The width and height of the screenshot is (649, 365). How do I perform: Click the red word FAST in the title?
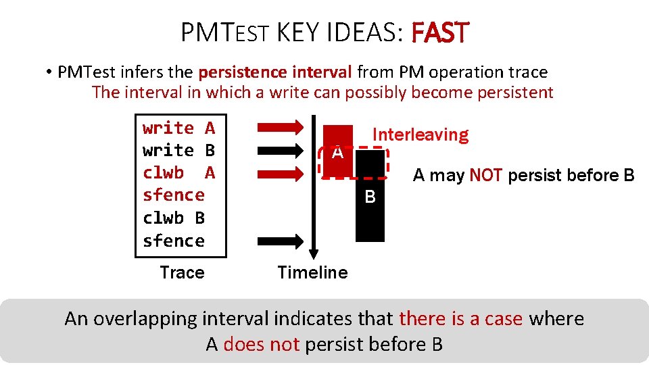pos(439,32)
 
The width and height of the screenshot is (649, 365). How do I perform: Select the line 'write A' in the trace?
pos(178,128)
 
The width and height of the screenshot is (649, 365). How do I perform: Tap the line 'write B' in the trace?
pos(178,150)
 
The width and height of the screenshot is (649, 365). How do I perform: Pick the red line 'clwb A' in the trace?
pos(178,173)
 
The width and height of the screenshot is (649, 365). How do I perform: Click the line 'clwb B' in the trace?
pos(174,218)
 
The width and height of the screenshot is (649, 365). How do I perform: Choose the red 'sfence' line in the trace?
pos(174,195)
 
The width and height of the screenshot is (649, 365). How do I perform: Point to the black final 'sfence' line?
pos(174,241)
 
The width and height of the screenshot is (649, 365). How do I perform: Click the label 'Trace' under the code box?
pos(182,272)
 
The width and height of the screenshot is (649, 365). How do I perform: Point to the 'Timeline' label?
pos(312,272)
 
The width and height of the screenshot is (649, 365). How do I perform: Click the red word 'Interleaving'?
pos(420,135)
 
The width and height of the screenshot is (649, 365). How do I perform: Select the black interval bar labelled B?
pos(370,210)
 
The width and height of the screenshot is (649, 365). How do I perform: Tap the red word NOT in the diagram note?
pos(485,176)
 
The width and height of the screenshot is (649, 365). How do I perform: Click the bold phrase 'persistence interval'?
pos(275,72)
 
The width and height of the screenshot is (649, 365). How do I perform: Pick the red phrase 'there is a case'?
pos(461,318)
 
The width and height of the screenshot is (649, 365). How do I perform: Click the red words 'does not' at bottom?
pos(261,344)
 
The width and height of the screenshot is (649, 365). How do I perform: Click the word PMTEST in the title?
pos(225,32)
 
